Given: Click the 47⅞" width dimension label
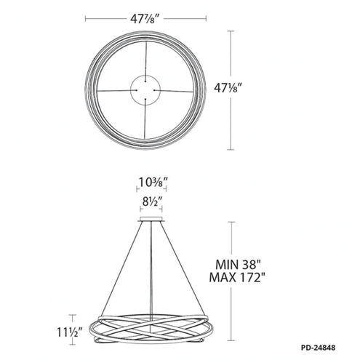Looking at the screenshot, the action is (x=146, y=19).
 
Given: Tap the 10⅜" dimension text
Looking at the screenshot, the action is (x=153, y=182).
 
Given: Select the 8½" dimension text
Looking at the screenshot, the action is (x=152, y=201).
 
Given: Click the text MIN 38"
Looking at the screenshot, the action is (x=236, y=264).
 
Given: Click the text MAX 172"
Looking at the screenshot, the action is (x=236, y=277).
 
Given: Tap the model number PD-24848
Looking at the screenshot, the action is (x=319, y=348).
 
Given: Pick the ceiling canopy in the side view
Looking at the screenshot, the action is (x=151, y=219).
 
